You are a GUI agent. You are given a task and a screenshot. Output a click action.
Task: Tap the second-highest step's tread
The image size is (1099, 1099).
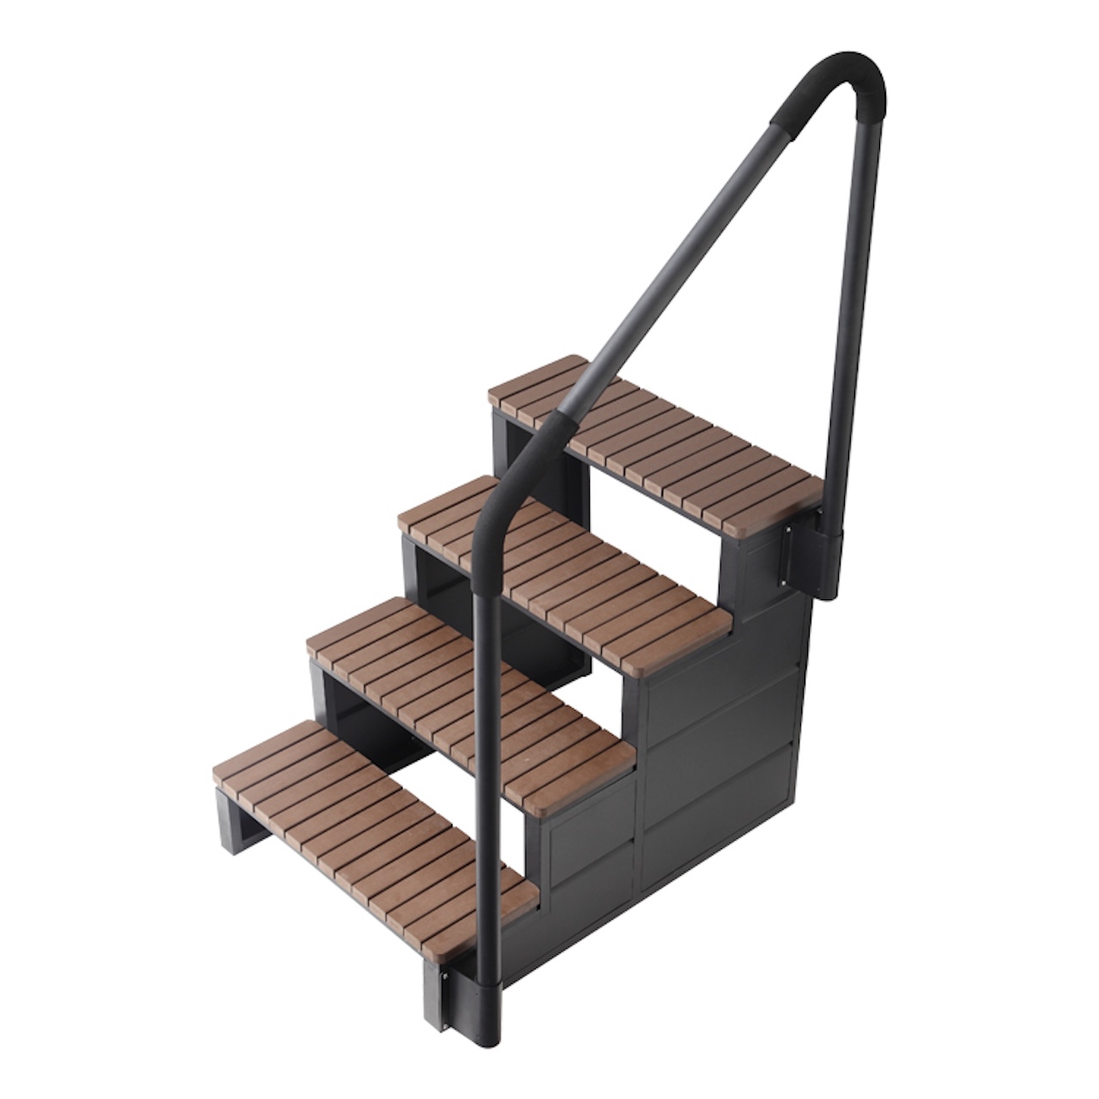coord(584,567)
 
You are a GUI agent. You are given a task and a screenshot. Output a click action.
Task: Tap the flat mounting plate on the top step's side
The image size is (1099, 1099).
coord(786,558)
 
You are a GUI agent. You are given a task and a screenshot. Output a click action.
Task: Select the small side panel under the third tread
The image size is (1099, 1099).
coord(592,829)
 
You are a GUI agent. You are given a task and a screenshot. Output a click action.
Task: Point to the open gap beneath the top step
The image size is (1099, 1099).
coord(653,524)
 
